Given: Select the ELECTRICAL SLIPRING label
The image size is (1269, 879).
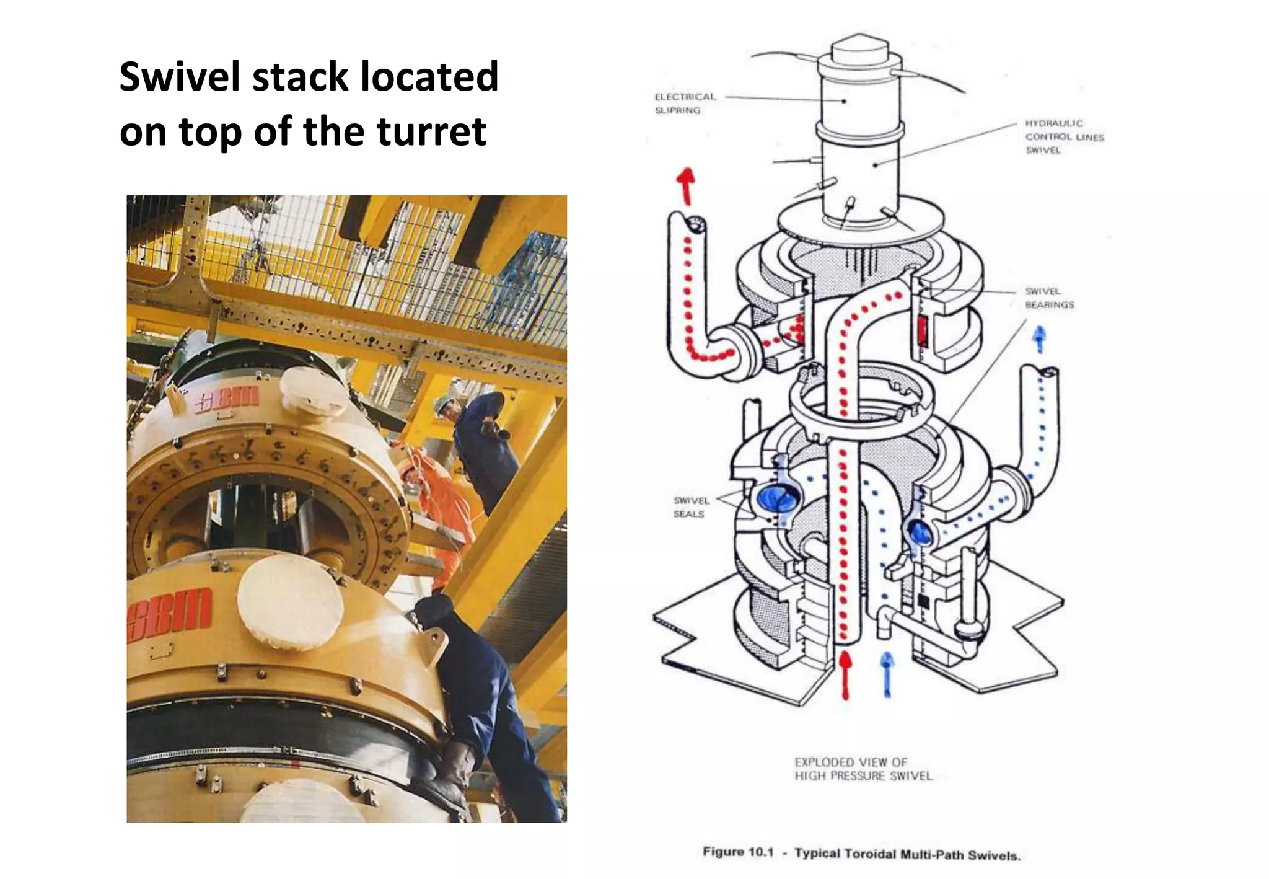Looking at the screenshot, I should tap(685, 104).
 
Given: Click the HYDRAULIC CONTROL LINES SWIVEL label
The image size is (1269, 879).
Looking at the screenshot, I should tap(1064, 136).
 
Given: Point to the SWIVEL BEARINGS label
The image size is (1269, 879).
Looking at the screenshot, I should tap(1049, 298).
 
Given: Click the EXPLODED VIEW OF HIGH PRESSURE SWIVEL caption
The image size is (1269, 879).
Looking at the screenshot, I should tap(863, 769).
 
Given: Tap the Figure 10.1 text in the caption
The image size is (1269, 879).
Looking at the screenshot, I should tap(737, 852).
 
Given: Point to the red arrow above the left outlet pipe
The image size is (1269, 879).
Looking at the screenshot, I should tap(686, 185).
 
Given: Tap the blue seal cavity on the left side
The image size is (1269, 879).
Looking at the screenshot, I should tap(774, 498).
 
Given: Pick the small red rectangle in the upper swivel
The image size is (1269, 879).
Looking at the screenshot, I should tap(922, 330).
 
